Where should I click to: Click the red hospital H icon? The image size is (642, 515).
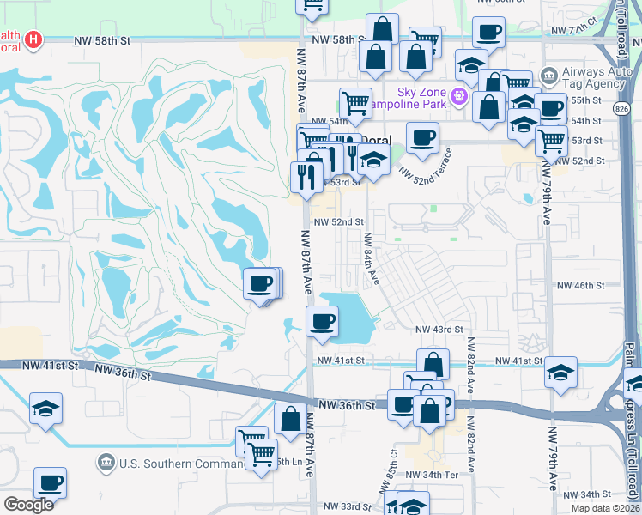click(x=33, y=39)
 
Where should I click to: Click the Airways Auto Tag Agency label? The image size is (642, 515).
click(x=593, y=78)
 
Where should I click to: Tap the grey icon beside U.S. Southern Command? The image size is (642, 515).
click(x=106, y=463)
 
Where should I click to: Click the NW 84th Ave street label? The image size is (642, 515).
click(x=371, y=258)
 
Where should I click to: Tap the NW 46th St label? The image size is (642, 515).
click(x=581, y=285)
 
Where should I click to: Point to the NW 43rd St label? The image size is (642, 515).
click(x=439, y=329)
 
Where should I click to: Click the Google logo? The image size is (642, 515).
click(x=28, y=505)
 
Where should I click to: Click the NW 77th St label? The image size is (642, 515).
click(x=574, y=30)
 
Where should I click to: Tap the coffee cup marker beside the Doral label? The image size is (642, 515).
click(x=421, y=138)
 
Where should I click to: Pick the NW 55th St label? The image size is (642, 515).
click(x=585, y=100)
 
